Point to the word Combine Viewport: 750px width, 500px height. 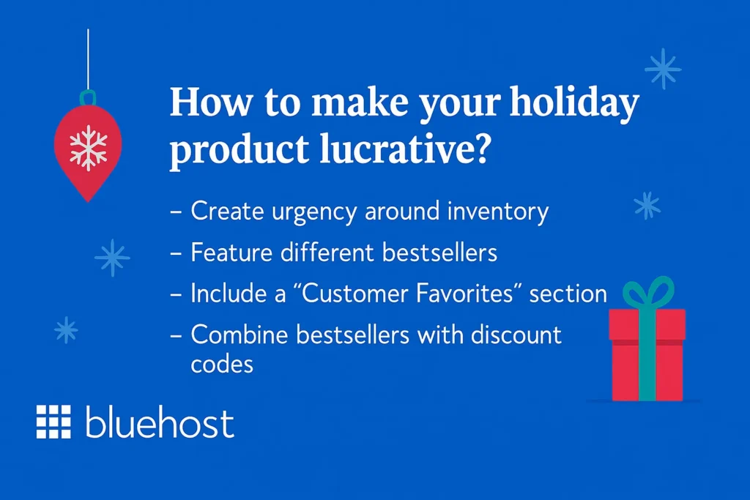click(239, 335)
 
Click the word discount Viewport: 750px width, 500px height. click(516, 335)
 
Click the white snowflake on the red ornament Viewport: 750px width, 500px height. click(88, 147)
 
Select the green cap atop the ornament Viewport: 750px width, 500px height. click(88, 97)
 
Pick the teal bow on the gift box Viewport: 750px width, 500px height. click(647, 292)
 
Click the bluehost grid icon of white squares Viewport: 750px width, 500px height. click(53, 421)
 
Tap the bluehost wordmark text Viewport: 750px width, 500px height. click(160, 423)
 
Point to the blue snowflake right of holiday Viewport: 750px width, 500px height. click(663, 69)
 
